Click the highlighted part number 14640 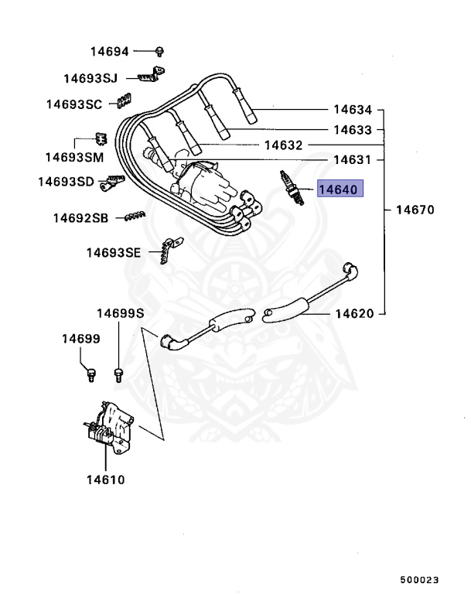click(x=340, y=188)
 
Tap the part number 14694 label click(x=110, y=52)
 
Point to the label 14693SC click(x=73, y=104)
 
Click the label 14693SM click(x=73, y=157)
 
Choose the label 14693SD click(x=66, y=182)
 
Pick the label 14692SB click(x=80, y=218)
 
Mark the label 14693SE click(x=114, y=252)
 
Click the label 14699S click(x=120, y=313)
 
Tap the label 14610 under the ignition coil click(x=105, y=480)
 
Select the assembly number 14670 click(x=415, y=210)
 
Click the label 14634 click(x=353, y=110)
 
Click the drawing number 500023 click(x=419, y=579)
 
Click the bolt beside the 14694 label click(x=159, y=51)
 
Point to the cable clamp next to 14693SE click(x=165, y=253)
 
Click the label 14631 click(x=353, y=160)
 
